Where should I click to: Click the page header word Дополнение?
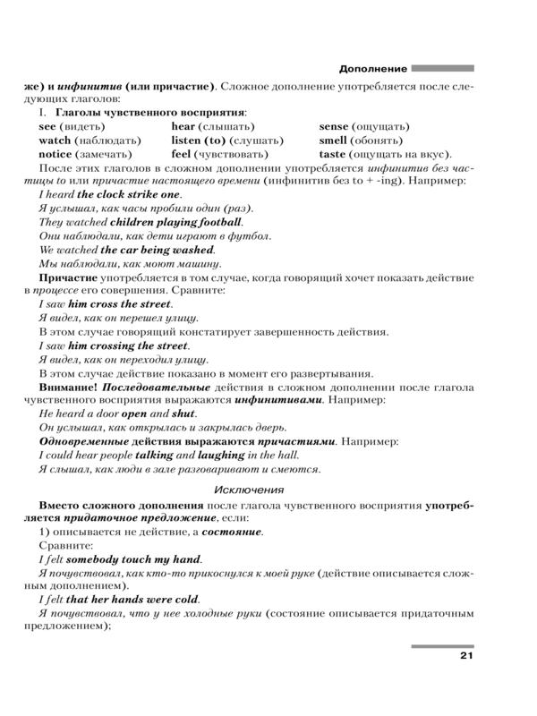(x=374, y=68)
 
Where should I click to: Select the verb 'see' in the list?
(x=47, y=127)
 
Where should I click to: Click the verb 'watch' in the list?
(x=55, y=141)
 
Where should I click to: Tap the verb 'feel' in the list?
(x=183, y=154)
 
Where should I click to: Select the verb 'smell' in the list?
(x=335, y=141)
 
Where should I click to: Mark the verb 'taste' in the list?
(x=333, y=154)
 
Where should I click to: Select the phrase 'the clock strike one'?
(x=129, y=194)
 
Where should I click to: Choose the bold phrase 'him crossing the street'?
(x=128, y=345)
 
